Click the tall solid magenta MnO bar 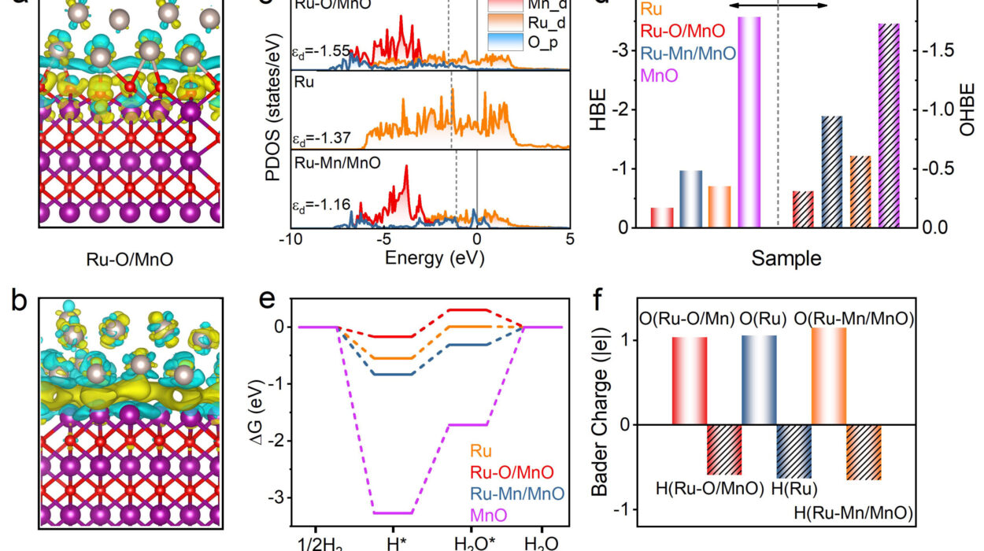[749, 122]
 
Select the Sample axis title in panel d [778, 257]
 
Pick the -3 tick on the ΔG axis [280, 498]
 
